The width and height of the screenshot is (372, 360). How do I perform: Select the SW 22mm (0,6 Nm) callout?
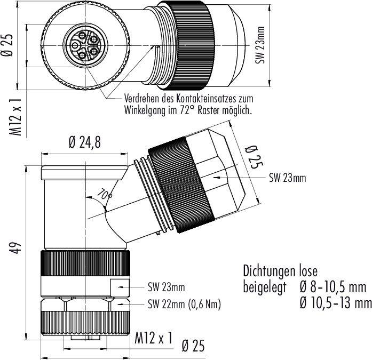pos(184,304)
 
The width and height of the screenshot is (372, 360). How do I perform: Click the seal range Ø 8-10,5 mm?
pos(333,288)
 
